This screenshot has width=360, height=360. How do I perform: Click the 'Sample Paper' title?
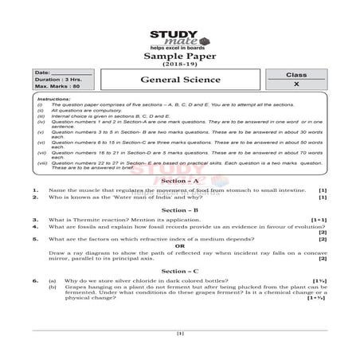coord(179,57)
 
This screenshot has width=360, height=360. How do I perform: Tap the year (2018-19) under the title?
coord(179,65)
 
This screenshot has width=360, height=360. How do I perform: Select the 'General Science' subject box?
coord(180,80)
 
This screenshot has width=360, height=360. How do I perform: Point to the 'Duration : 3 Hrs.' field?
coord(56,80)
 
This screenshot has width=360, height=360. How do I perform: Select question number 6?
coord(35,281)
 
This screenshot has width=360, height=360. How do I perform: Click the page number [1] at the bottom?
coord(180,332)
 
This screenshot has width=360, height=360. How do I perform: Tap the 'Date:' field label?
coord(42,73)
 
